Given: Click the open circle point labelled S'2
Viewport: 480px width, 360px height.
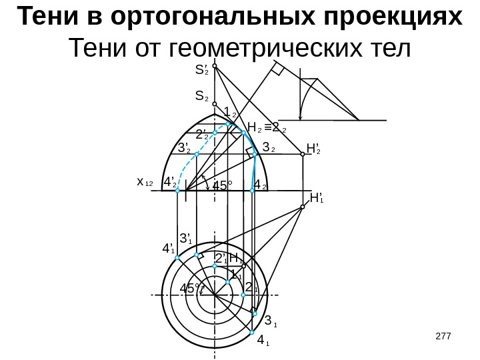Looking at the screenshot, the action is point(215,65).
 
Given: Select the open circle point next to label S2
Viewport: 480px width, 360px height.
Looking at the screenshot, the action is point(215,103).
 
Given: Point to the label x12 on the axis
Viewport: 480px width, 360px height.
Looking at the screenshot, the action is point(145,182).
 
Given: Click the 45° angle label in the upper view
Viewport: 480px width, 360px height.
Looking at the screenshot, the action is point(223,186).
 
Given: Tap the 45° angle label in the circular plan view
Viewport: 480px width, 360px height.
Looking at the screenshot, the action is point(191,289).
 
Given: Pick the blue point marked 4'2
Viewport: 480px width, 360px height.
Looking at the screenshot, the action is point(178,191).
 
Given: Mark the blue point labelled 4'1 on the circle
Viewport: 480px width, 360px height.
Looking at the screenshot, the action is point(177,257).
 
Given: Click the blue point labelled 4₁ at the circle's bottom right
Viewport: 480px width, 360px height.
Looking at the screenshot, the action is point(252,332).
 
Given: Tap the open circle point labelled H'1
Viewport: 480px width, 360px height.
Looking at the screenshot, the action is point(302,207).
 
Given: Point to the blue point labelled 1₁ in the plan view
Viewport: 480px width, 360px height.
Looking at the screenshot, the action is point(227,282).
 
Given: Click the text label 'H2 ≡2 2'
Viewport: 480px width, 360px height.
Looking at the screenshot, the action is point(266,127).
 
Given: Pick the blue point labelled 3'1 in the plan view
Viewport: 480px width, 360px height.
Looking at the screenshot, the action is point(197,255).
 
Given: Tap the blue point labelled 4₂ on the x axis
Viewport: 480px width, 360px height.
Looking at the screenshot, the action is point(252,191).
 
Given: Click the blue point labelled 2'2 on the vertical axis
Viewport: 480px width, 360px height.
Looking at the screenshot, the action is point(215,133).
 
